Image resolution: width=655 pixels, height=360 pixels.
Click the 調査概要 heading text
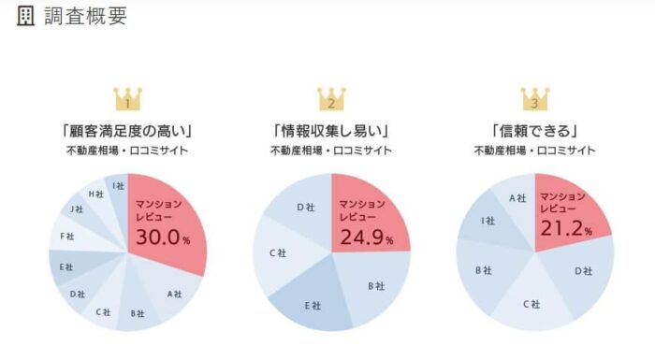(85, 17)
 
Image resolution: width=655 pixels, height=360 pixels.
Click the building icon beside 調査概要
(26, 17)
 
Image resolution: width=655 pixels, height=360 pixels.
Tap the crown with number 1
(128, 97)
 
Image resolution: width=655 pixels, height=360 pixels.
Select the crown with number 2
(331, 97)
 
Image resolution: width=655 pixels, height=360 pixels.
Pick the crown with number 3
(534, 97)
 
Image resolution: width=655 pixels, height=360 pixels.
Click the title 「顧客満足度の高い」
(128, 130)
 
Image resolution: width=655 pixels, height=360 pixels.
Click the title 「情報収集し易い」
(331, 130)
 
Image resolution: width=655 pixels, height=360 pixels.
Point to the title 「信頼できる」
(534, 130)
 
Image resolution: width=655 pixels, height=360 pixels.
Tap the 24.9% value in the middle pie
(365, 238)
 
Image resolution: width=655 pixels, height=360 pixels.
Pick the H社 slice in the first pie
(96, 194)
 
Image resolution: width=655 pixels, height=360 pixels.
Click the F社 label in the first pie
(66, 236)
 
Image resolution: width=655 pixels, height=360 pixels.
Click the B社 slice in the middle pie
(374, 284)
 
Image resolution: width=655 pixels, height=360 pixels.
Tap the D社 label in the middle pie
(305, 207)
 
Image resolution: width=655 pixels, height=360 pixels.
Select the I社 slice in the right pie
(488, 222)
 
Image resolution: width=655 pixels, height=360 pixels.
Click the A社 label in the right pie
(517, 197)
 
